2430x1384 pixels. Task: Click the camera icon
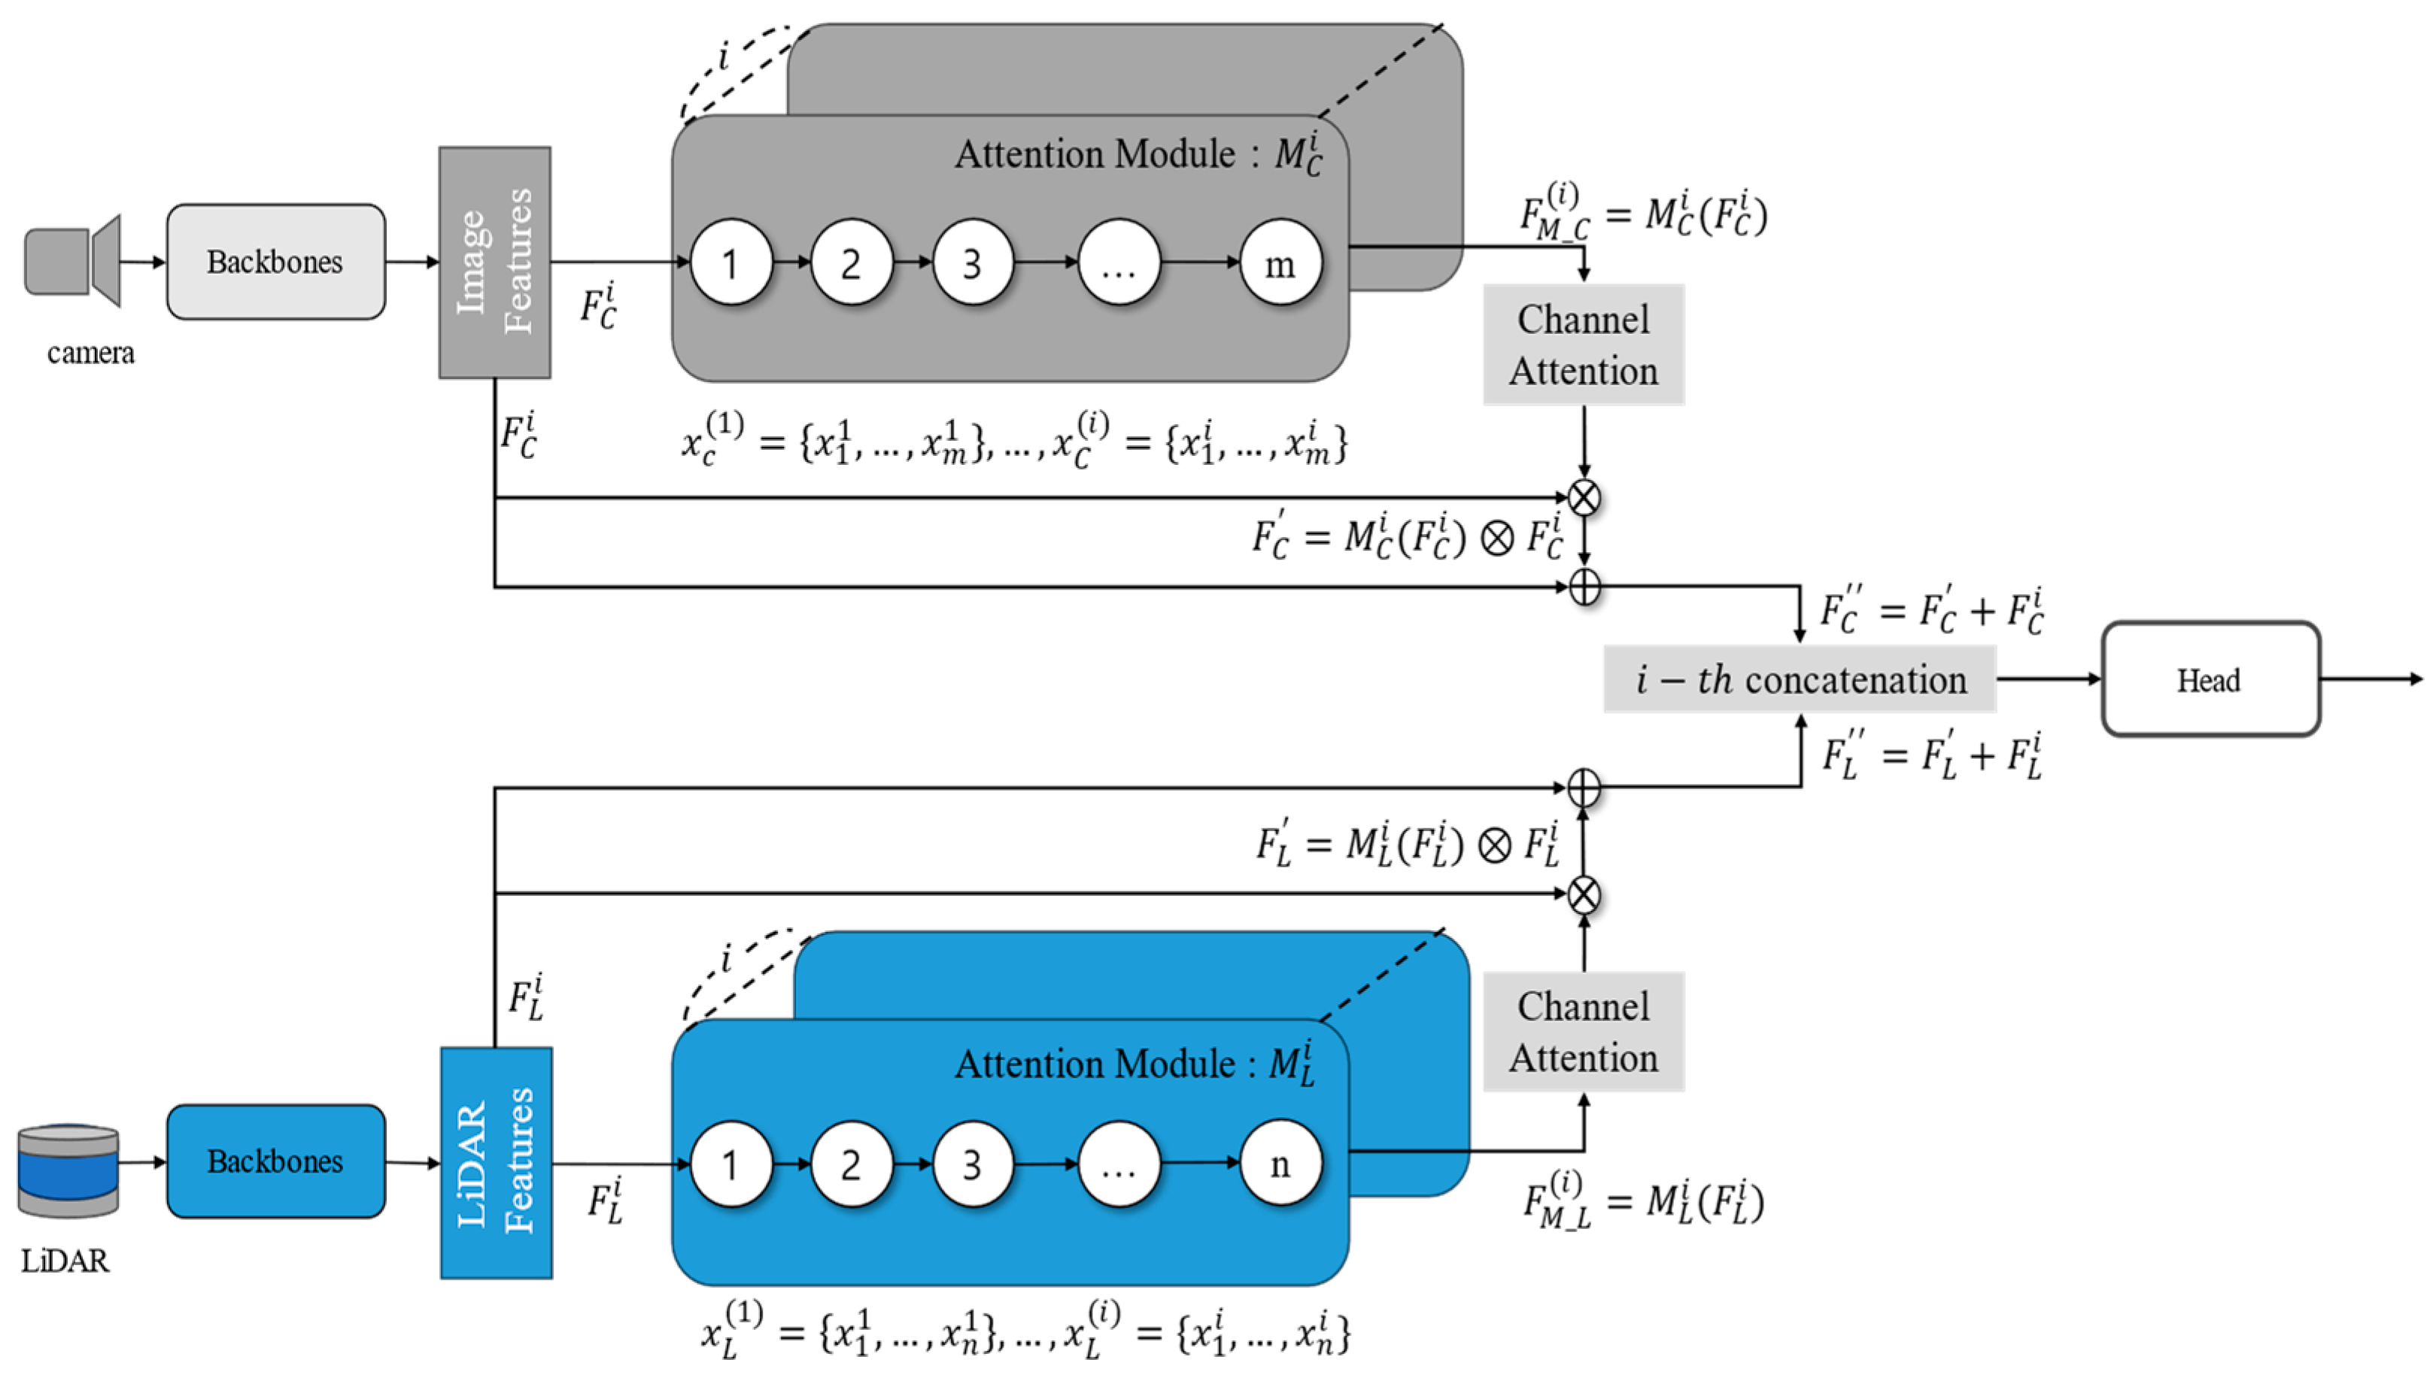pyautogui.click(x=72, y=262)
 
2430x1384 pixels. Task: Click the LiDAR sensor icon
pyautogui.click(x=68, y=1170)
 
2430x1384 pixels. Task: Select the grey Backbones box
pyautogui.click(x=275, y=262)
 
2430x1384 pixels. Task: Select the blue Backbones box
pyautogui.click(x=275, y=1161)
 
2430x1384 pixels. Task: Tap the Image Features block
pyautogui.click(x=494, y=263)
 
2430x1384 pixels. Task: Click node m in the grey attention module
pyautogui.click(x=1280, y=263)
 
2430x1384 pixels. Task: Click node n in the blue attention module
pyautogui.click(x=1280, y=1164)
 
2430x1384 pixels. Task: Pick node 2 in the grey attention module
pyautogui.click(x=851, y=263)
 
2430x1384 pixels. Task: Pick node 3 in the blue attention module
pyautogui.click(x=971, y=1164)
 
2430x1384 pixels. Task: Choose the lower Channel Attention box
pyautogui.click(x=1583, y=1032)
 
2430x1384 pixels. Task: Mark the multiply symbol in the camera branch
pyautogui.click(x=1584, y=497)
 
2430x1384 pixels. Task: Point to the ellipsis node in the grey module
pyautogui.click(x=1118, y=263)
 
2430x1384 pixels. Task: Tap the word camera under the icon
pyautogui.click(x=91, y=354)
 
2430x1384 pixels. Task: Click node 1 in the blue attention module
pyautogui.click(x=731, y=1164)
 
